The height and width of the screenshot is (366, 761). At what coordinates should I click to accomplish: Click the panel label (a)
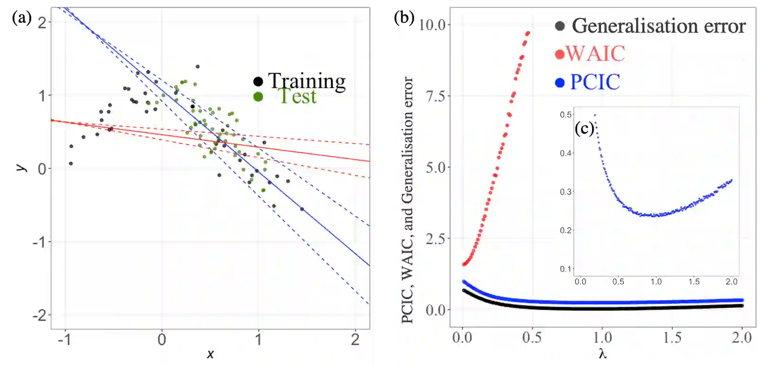click(22, 18)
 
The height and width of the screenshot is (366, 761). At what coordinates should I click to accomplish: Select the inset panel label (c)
click(584, 128)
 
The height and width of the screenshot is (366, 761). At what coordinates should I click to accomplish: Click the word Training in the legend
click(307, 81)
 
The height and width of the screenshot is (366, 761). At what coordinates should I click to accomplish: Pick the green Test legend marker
click(258, 97)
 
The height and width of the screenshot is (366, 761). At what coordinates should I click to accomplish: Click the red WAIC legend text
click(595, 53)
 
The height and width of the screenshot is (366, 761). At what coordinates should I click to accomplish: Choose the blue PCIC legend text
click(595, 82)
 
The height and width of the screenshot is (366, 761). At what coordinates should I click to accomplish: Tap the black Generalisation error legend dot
click(560, 26)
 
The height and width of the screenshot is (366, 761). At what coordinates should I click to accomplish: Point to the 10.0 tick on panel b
click(432, 25)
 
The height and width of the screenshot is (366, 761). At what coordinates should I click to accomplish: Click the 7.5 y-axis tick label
click(435, 96)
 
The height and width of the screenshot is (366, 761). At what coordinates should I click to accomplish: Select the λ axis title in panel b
click(602, 354)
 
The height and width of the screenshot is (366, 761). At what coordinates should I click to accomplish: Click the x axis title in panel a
click(210, 354)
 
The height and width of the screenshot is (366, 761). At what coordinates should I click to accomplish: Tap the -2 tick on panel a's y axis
click(41, 315)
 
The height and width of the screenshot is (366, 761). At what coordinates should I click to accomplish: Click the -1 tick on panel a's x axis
click(64, 339)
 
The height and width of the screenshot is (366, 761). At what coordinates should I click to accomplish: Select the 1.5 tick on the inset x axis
click(694, 282)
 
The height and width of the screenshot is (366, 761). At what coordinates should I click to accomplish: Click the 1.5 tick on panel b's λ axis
click(672, 338)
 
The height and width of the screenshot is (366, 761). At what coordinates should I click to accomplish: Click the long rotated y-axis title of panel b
click(407, 199)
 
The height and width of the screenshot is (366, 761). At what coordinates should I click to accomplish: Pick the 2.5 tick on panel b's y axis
click(435, 238)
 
